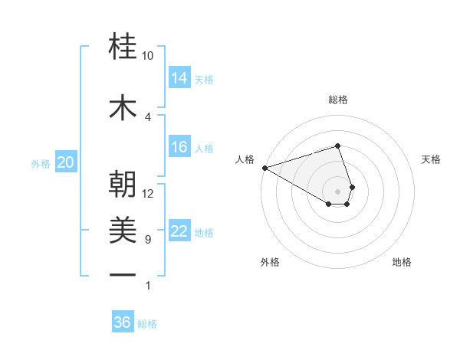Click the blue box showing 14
coord(179,77)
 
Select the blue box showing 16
coord(179,147)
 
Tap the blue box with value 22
coord(179,231)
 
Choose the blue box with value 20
coord(66,162)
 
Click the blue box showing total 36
coord(123,322)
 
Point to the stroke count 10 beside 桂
coord(148,56)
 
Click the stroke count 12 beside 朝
coord(148,193)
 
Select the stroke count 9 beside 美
coord(148,240)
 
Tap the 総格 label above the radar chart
coord(338,100)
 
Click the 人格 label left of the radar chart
coord(245,159)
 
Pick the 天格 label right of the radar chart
coord(432,159)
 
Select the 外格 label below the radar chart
coord(269,262)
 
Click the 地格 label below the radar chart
coord(402,262)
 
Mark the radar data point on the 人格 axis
coord(264,167)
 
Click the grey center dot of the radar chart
coord(338,191)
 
